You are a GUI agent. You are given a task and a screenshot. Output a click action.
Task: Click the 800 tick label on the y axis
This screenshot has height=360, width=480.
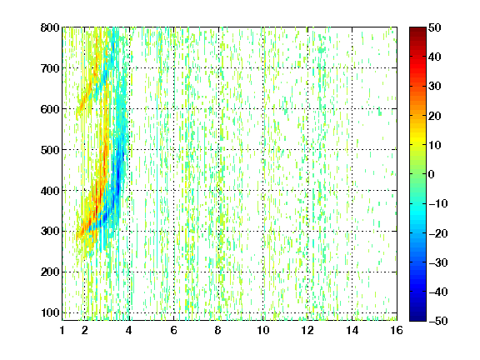[x=50, y=27]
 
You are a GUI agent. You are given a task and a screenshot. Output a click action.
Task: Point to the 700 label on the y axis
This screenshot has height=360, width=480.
[x=50, y=68]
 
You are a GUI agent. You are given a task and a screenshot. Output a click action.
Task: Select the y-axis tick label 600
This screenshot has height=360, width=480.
[x=50, y=109]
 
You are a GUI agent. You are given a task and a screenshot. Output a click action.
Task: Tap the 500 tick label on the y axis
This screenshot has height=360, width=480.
[x=50, y=150]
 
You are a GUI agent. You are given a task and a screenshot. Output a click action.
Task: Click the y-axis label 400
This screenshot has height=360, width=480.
[x=50, y=191]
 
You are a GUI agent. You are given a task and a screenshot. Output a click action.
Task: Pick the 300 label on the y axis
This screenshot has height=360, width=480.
[x=50, y=232]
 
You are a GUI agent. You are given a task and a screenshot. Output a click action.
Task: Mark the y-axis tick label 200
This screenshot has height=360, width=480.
[x=50, y=272]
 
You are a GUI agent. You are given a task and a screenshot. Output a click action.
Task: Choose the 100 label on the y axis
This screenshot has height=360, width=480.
[x=50, y=312]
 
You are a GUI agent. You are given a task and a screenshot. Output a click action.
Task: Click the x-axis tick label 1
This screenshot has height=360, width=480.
[x=62, y=330]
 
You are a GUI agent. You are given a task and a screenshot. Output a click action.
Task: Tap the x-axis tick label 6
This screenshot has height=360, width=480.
[x=174, y=330]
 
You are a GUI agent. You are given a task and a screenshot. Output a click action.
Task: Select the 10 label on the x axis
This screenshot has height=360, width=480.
[x=263, y=330]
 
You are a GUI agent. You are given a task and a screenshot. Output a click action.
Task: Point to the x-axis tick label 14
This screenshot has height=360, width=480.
[x=352, y=330]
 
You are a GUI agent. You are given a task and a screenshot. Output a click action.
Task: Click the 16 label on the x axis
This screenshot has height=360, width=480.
[x=397, y=330]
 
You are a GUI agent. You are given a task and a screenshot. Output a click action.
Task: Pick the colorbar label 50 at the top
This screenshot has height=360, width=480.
[x=435, y=27]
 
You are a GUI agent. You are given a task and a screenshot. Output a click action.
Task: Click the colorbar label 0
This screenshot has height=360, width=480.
[x=432, y=174]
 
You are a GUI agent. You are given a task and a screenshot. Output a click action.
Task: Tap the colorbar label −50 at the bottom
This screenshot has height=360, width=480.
[x=438, y=321]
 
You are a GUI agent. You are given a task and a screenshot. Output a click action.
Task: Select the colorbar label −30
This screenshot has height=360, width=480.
[x=438, y=262]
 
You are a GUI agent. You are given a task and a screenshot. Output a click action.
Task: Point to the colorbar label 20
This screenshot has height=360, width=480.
[x=435, y=116]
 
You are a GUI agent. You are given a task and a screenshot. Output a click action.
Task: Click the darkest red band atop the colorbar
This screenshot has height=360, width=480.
[x=417, y=30]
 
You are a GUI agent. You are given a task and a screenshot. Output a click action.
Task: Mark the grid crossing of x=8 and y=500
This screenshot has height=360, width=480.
[x=218, y=150]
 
